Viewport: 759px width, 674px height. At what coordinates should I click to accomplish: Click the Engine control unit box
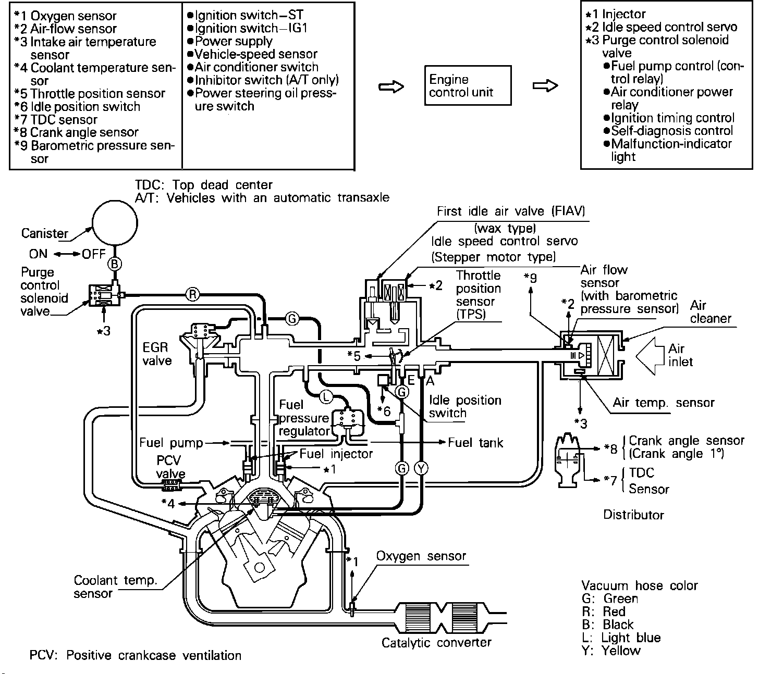(x=468, y=85)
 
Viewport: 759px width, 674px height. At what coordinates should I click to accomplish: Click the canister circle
(x=115, y=223)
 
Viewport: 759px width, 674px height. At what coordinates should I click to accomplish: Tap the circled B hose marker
(x=115, y=264)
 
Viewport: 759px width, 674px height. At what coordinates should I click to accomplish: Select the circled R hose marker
(x=192, y=295)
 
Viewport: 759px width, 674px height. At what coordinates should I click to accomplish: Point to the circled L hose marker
(x=326, y=396)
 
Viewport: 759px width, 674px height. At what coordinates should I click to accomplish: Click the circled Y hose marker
(x=421, y=468)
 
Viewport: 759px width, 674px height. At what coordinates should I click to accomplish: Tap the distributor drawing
(x=569, y=460)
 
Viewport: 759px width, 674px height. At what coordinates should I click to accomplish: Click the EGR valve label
(x=157, y=354)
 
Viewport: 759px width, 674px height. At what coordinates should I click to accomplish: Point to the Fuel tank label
(x=475, y=443)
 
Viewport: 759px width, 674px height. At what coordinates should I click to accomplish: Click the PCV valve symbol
(x=172, y=486)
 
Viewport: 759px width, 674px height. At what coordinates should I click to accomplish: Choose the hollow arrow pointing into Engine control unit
(x=391, y=87)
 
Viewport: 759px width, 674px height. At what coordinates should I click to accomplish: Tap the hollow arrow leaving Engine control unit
(x=545, y=86)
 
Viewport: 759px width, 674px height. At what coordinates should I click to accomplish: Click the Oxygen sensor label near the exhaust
(x=421, y=556)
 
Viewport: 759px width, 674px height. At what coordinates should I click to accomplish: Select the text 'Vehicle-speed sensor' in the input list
(x=256, y=54)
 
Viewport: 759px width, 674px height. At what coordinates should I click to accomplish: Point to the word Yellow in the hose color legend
(x=621, y=651)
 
